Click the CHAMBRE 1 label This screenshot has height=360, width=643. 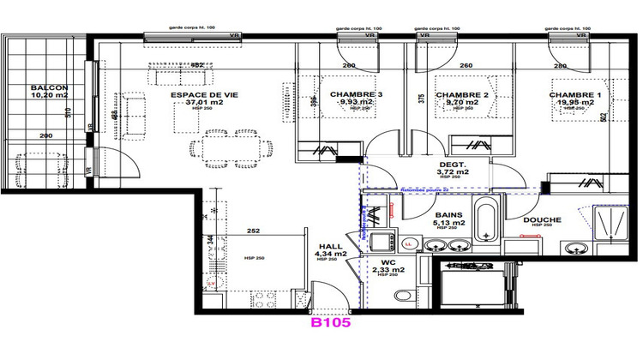click(575, 94)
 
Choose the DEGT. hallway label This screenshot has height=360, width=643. click(452, 163)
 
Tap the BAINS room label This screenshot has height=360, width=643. click(449, 215)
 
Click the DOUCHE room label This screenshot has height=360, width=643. click(543, 220)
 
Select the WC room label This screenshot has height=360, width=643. click(388, 261)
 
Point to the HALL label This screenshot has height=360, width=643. click(329, 244)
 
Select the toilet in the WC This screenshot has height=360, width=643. click(403, 295)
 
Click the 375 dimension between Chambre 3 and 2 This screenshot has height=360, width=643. click(421, 98)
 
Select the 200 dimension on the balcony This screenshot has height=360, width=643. click(45, 136)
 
